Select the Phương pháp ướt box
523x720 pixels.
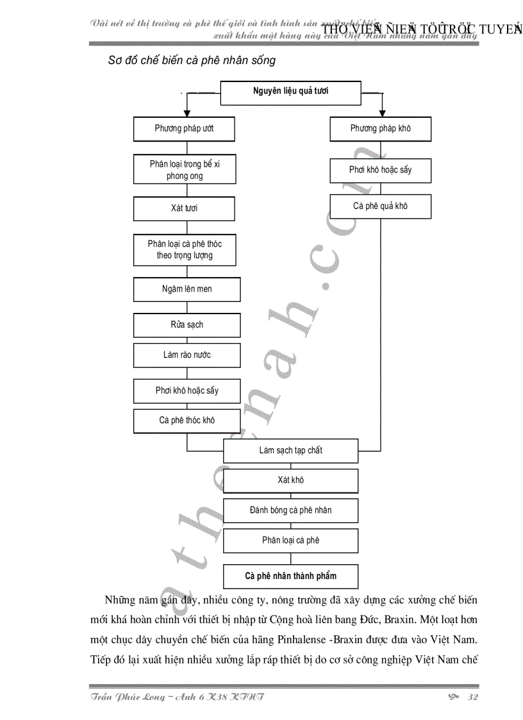pos(184,129)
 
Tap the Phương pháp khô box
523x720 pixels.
pos(380,129)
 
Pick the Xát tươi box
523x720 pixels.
pos(184,208)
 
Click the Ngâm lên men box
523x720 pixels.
pos(187,289)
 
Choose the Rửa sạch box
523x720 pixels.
pos(187,324)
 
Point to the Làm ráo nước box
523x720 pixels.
pos(187,355)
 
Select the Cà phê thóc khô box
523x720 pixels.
pos(187,421)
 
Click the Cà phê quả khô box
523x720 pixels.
pos(380,206)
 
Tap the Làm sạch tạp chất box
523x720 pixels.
pos(290,451)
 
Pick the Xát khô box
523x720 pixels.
pos(290,480)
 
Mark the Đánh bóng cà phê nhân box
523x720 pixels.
pos(290,510)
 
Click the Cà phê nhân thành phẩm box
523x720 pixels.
pos(290,576)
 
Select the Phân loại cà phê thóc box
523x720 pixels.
pos(185,249)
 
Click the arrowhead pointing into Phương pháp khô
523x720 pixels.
pos(382,113)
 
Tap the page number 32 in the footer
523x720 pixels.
pos(474,698)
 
